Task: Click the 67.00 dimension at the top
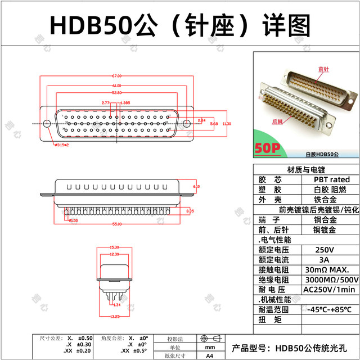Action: (x=116, y=76)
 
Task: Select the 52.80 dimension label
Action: (x=116, y=92)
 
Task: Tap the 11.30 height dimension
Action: (x=227, y=123)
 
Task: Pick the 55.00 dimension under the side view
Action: (x=117, y=224)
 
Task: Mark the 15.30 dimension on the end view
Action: (x=114, y=247)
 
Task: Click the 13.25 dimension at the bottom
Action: (x=114, y=316)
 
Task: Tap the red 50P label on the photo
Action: (x=268, y=148)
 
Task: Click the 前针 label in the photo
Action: (x=323, y=69)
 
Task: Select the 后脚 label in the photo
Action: (x=277, y=121)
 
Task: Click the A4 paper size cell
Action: (x=209, y=355)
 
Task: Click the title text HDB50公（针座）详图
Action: (x=180, y=24)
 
